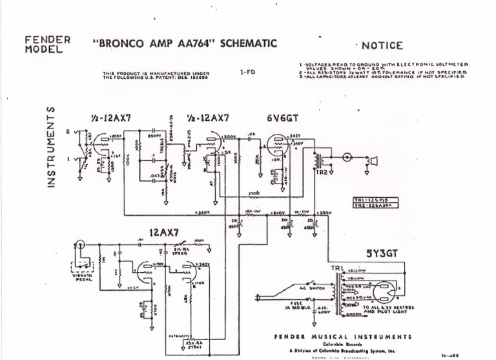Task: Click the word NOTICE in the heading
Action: [382, 45]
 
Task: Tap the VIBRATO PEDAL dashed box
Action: [83, 264]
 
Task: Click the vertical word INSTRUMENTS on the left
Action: [51, 148]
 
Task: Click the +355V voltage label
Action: [325, 212]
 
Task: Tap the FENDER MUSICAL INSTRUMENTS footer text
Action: [342, 337]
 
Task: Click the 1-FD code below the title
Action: [247, 73]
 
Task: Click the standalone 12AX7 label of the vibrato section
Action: [165, 233]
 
